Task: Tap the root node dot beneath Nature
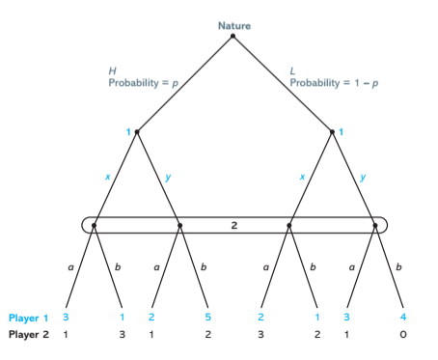[233, 37]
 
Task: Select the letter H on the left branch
[112, 69]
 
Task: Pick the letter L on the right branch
[293, 69]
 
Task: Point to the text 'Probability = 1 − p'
[332, 82]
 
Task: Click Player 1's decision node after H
[137, 131]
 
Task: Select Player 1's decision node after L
[332, 131]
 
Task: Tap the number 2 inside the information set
[234, 225]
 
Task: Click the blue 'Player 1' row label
[28, 318]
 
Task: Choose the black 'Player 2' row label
[28, 334]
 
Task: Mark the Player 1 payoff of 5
[208, 318]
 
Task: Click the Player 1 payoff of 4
[402, 318]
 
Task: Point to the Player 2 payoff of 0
[402, 334]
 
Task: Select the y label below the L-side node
[364, 177]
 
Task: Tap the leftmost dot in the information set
[94, 226]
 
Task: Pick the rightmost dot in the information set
[375, 226]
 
